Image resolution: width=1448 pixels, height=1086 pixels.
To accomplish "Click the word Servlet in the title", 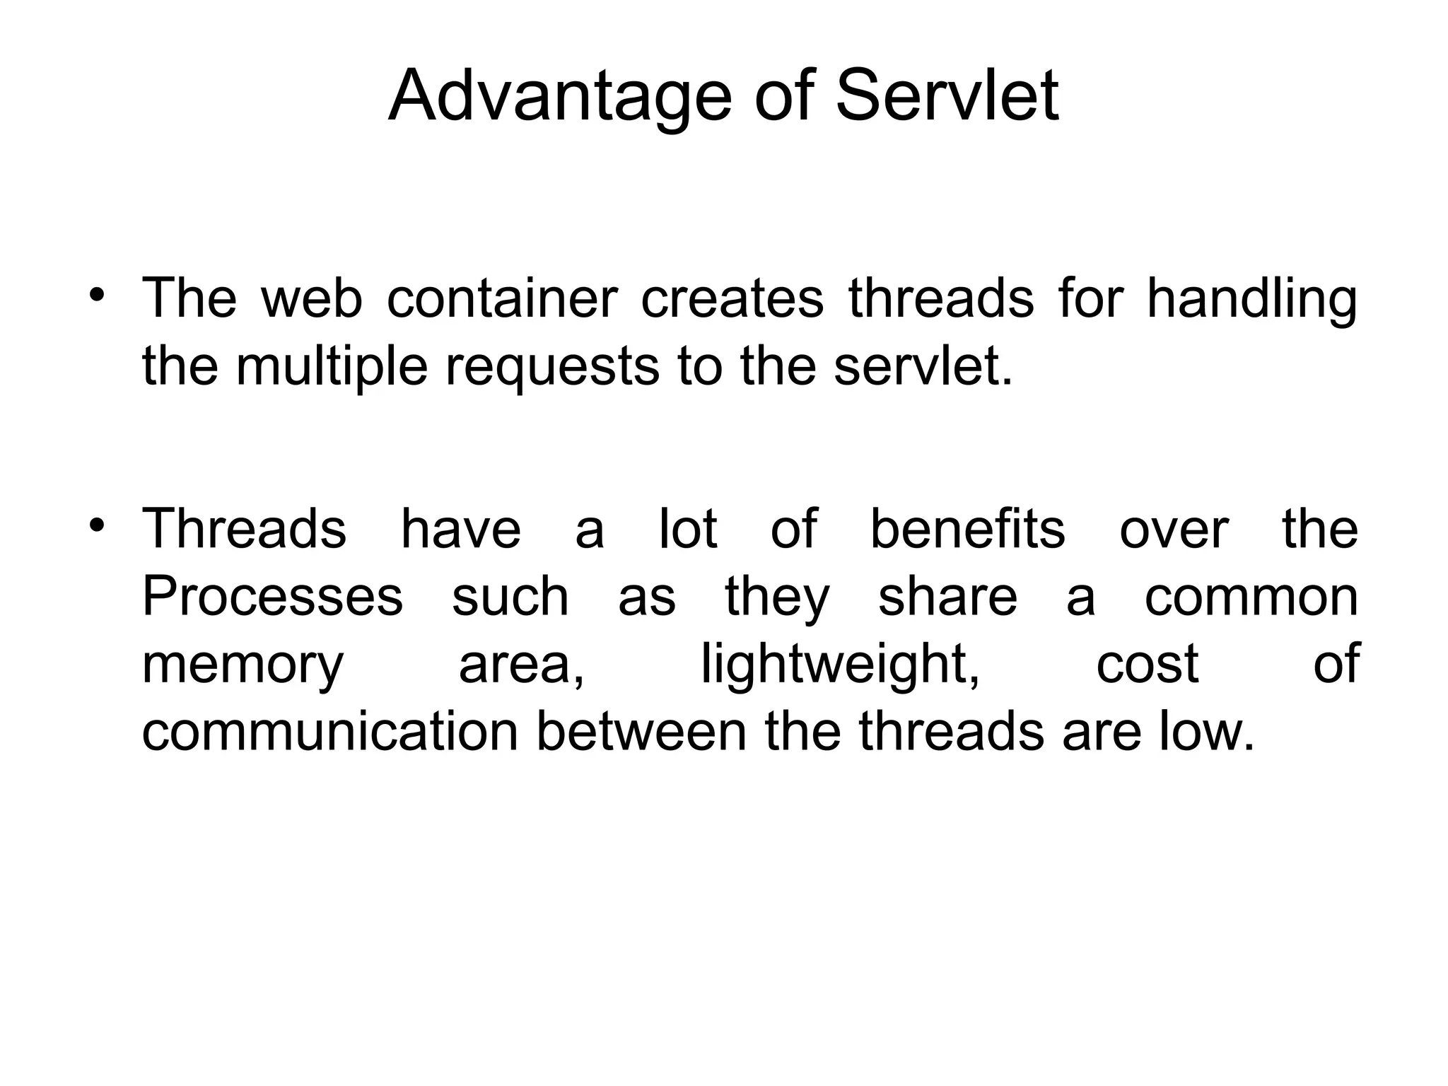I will click(x=947, y=96).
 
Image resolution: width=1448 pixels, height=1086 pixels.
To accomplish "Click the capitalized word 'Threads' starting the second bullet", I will click(x=245, y=528).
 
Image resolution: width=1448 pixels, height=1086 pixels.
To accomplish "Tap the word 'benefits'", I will click(x=967, y=528).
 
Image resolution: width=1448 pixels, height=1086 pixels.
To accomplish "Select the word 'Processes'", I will click(x=272, y=596).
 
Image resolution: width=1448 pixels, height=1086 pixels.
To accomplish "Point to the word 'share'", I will click(x=947, y=596).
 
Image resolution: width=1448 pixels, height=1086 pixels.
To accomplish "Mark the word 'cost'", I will click(x=1147, y=665).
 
